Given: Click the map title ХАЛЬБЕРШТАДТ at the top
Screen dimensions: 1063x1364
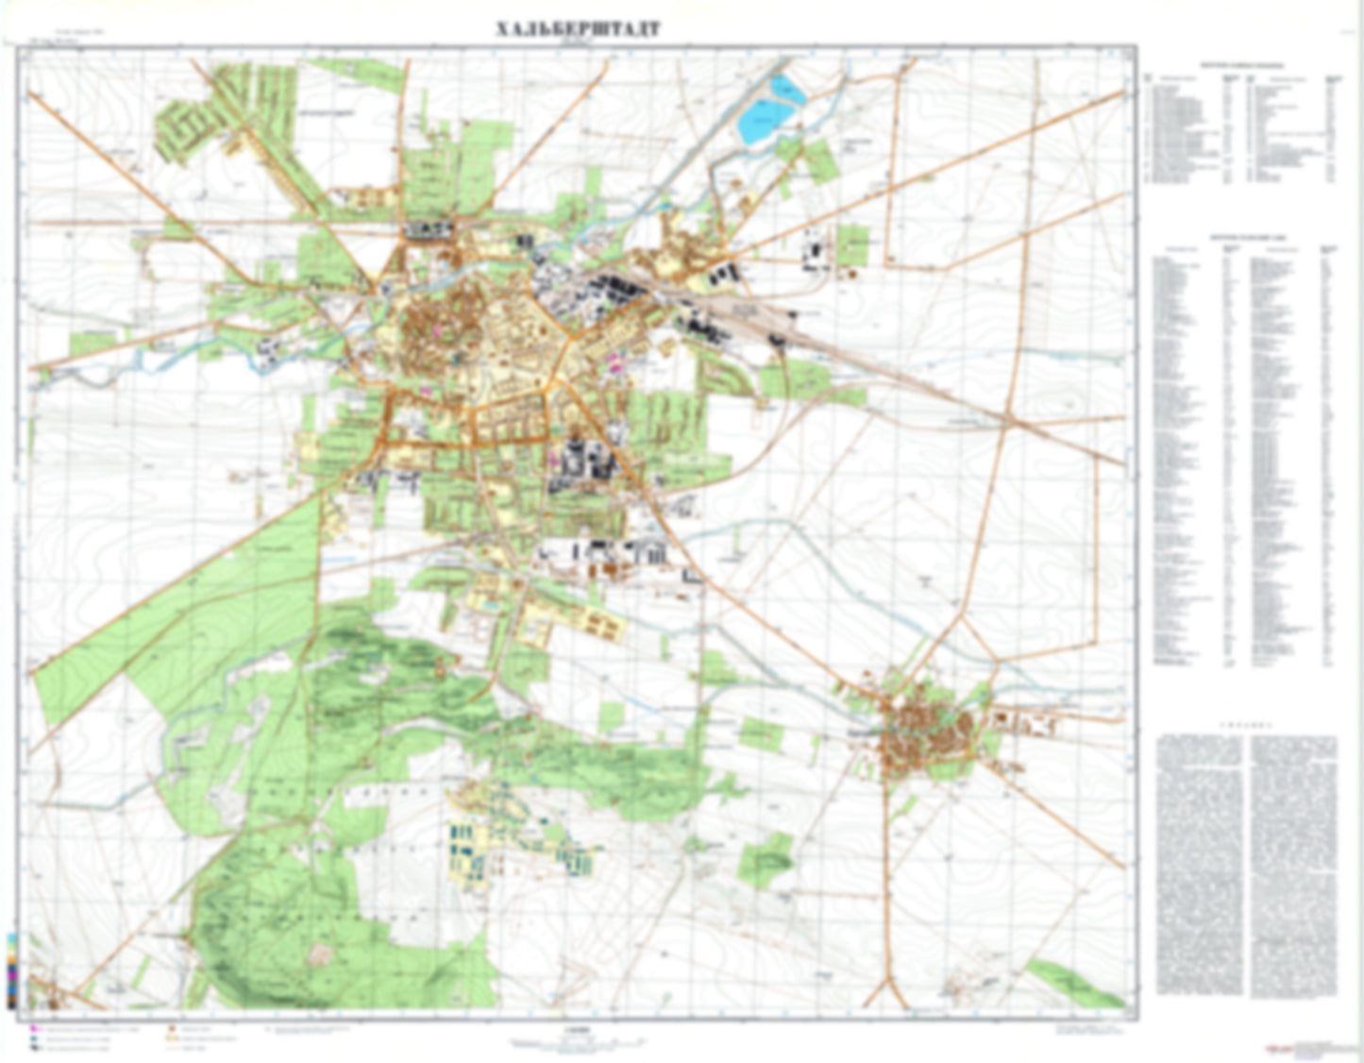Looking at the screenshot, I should point(578,29).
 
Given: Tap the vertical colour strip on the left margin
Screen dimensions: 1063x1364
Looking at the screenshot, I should point(11,972).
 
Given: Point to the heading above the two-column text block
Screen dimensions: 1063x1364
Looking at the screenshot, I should point(1246,727).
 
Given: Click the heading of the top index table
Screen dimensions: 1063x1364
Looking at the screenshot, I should point(1241,66).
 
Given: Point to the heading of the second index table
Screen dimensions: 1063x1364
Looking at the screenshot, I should point(1241,241).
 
